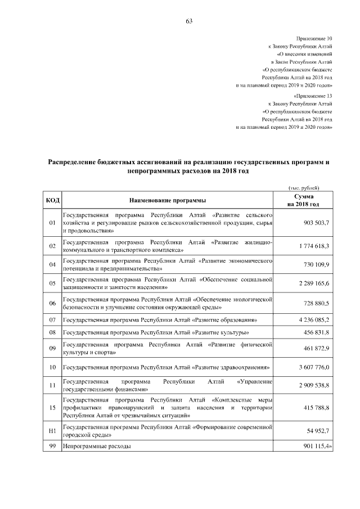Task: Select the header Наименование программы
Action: (167, 200)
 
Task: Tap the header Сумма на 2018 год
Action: (303, 200)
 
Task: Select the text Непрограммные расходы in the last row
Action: (97, 446)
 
